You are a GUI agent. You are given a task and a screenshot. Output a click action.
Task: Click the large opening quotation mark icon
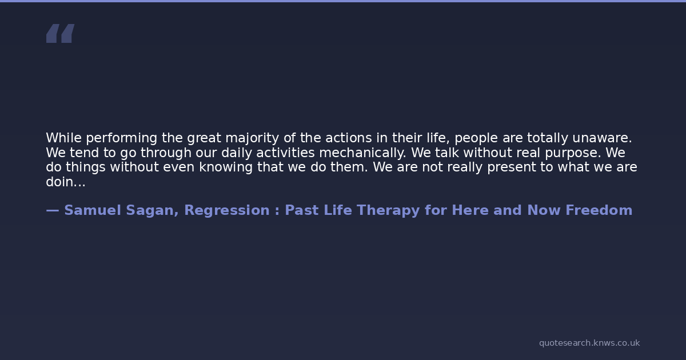61,33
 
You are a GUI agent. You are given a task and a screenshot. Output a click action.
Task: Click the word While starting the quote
63,138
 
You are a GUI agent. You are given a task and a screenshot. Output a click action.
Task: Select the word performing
122,138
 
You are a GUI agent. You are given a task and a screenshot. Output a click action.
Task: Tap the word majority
252,138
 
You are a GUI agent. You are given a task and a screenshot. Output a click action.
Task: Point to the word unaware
602,138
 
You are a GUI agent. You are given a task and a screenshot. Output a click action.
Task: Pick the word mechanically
362,153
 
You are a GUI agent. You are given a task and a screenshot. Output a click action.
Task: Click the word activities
285,153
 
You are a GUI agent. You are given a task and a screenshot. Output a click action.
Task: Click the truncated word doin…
66,182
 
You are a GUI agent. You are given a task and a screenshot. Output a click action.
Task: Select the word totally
547,138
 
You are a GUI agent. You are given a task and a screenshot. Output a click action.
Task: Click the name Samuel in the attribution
93,210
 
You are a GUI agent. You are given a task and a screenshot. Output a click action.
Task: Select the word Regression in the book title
227,211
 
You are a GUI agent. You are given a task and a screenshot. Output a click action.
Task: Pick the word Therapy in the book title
388,211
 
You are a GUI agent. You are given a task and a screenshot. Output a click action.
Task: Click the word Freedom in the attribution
599,210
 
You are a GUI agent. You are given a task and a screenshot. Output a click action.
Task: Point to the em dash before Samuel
53,211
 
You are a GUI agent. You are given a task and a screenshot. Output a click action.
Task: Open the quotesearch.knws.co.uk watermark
589,343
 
